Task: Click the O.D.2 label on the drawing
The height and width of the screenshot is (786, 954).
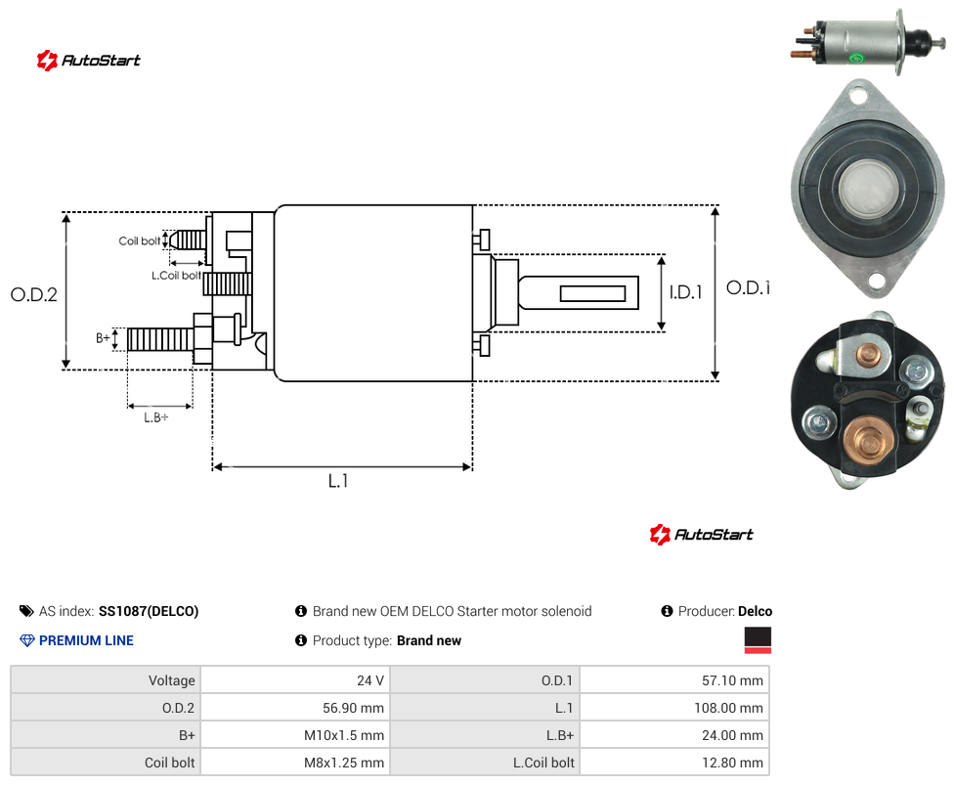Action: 34,294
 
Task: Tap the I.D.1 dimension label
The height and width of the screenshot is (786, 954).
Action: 686,292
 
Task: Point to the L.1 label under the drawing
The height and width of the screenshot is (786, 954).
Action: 338,481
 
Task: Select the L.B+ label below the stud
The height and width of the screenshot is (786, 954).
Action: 156,417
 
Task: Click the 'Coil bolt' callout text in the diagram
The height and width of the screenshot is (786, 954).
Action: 140,240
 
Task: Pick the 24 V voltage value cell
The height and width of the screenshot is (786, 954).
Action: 295,680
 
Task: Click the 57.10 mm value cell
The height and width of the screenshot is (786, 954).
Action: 674,680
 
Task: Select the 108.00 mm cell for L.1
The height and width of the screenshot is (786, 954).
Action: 674,708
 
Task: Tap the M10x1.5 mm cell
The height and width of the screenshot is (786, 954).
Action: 295,735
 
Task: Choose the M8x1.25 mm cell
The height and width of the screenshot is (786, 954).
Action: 295,763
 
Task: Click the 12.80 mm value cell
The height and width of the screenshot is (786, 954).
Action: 674,763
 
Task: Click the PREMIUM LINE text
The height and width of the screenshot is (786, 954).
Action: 86,640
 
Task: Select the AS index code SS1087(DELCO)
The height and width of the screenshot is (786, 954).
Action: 149,611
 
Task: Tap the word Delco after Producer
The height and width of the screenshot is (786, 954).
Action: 755,611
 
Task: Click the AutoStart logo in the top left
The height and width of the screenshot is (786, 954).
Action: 89,61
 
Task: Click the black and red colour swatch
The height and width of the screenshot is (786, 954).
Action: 758,640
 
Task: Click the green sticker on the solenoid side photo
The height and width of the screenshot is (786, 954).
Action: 856,59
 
